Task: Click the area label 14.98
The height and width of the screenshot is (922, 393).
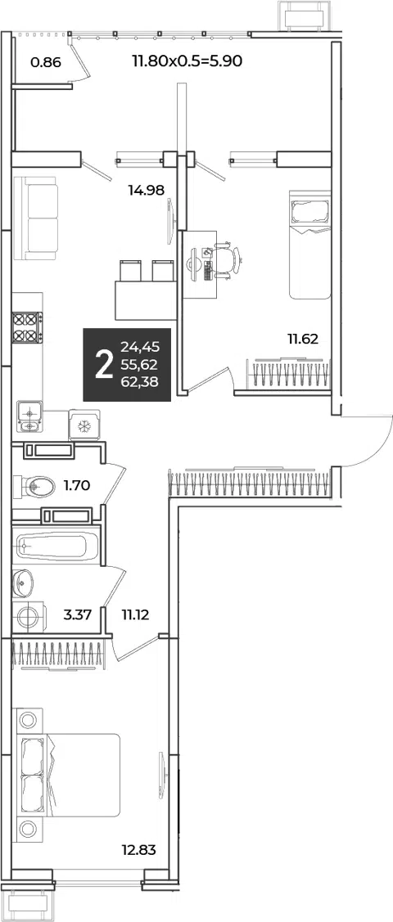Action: (145, 189)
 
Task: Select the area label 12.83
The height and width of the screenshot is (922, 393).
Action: (138, 850)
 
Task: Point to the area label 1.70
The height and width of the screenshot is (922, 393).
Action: (76, 485)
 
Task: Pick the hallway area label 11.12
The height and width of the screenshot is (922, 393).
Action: (135, 616)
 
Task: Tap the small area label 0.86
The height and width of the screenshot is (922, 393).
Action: (45, 61)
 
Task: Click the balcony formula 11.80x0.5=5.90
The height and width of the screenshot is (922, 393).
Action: (187, 61)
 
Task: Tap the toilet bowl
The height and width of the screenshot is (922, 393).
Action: (35, 486)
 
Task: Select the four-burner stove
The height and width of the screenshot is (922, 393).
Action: (27, 328)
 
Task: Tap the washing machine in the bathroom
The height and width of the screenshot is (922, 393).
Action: (27, 616)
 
